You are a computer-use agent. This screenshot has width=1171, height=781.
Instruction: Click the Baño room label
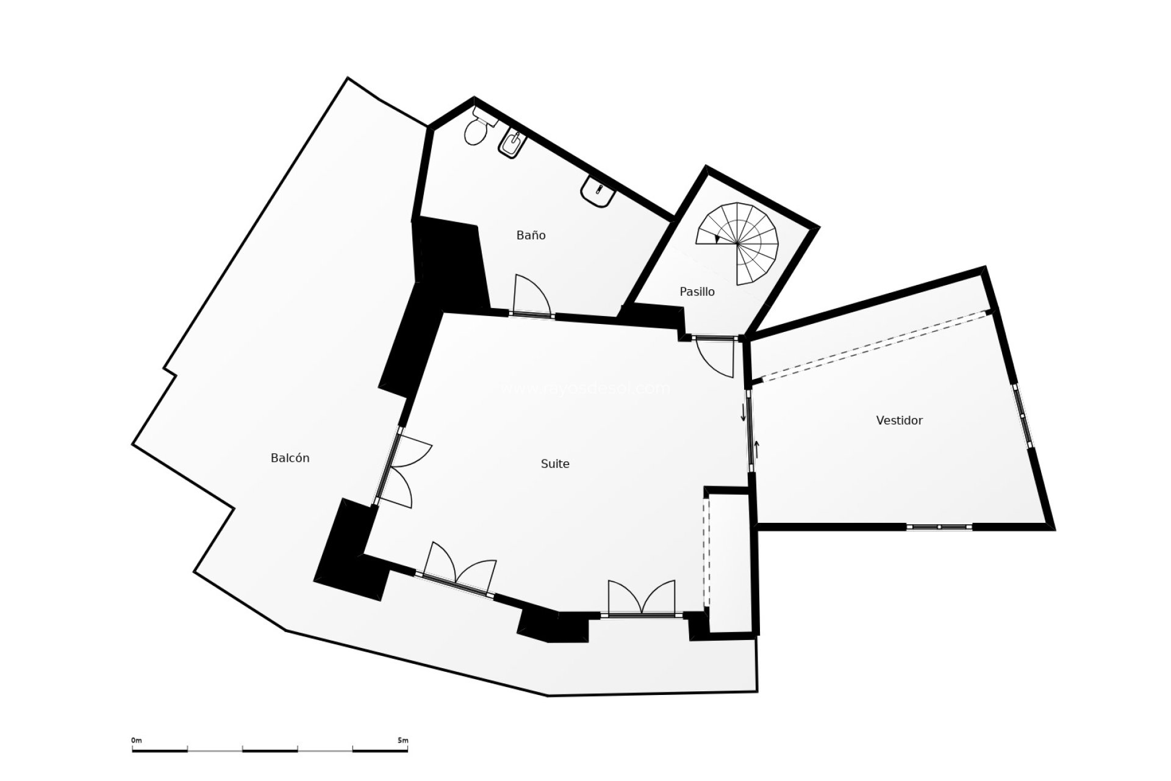531,236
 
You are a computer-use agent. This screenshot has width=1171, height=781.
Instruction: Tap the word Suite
555,464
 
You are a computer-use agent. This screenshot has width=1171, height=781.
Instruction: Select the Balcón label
290,458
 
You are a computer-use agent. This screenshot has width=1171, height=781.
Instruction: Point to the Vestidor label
899,420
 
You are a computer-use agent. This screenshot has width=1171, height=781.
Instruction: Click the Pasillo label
697,292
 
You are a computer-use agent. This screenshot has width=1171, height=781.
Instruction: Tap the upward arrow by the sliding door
757,449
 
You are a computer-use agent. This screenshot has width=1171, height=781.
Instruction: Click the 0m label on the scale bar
136,740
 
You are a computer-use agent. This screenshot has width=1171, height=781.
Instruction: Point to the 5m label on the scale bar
403,740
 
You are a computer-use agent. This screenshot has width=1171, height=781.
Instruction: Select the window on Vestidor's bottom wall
939,527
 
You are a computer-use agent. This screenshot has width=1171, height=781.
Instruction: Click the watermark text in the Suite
585,388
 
